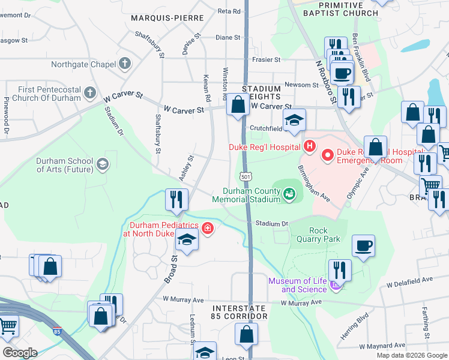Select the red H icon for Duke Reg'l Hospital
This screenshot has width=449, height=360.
click(309, 146)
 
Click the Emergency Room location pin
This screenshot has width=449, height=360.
click(328, 155)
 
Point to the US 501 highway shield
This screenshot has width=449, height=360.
click(245, 176)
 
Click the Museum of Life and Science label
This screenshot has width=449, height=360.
click(297, 285)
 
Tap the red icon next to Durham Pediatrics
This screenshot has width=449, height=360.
click(208, 229)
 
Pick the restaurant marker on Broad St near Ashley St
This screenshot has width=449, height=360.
click(176, 199)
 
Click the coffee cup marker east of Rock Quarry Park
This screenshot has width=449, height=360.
click(363, 245)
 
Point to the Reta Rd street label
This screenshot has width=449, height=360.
click(229, 11)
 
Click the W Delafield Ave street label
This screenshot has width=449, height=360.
click(409, 280)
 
